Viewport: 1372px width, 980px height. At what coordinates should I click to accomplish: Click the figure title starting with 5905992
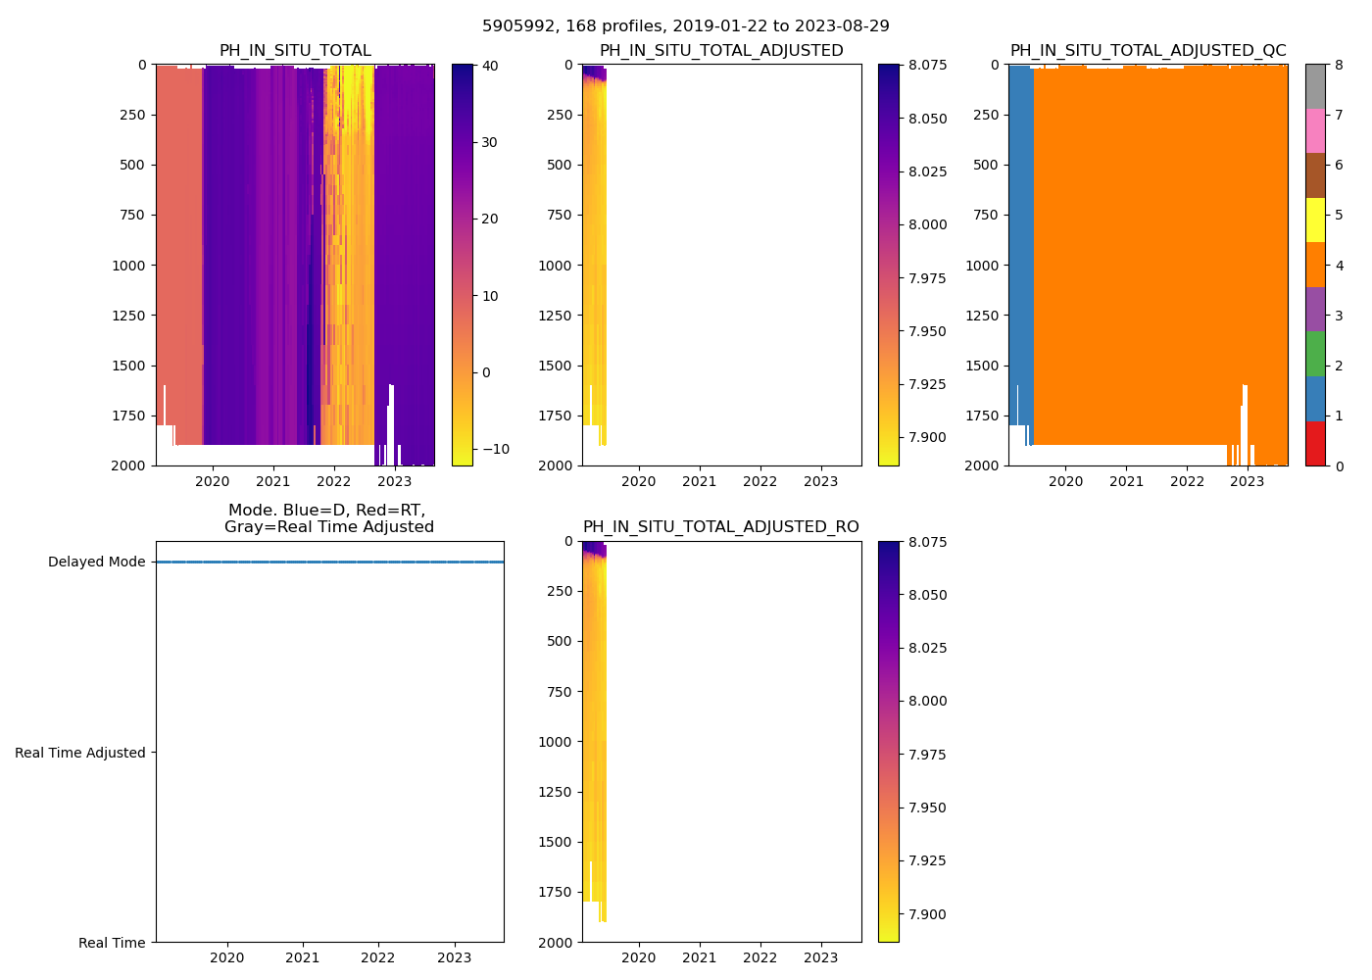[x=685, y=26]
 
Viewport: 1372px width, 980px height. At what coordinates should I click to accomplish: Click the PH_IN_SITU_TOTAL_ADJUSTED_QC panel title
[x=1148, y=51]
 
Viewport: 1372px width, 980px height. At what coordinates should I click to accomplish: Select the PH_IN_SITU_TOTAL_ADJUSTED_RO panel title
[x=720, y=527]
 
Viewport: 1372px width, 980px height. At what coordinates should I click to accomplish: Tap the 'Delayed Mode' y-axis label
[x=96, y=563]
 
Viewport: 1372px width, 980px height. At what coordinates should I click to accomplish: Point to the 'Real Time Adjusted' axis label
[x=80, y=753]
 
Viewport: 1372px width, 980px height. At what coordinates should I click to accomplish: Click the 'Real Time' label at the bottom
[x=112, y=943]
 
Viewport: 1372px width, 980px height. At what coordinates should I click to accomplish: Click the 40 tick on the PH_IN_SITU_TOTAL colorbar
[x=490, y=66]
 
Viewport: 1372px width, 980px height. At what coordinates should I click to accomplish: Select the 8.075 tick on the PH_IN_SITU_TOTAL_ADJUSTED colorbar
[x=922, y=66]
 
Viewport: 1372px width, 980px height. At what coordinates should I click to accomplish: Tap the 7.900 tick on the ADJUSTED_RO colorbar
[x=922, y=914]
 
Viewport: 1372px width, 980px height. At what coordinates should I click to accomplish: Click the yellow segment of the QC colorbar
[x=1315, y=220]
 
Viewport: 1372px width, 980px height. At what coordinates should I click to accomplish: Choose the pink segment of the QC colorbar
[x=1315, y=130]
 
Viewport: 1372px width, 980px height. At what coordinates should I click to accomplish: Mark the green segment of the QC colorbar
[x=1315, y=354]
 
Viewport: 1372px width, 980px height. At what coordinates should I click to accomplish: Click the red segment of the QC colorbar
[x=1315, y=443]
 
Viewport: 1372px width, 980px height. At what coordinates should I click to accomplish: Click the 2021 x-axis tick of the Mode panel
[x=303, y=957]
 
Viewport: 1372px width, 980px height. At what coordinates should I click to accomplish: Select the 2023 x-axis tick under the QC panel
[x=1248, y=481]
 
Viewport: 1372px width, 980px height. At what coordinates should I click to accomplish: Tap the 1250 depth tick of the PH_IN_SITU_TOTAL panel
[x=129, y=316]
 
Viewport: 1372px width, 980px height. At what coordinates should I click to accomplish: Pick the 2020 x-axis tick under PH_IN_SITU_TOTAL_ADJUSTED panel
[x=639, y=481]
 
